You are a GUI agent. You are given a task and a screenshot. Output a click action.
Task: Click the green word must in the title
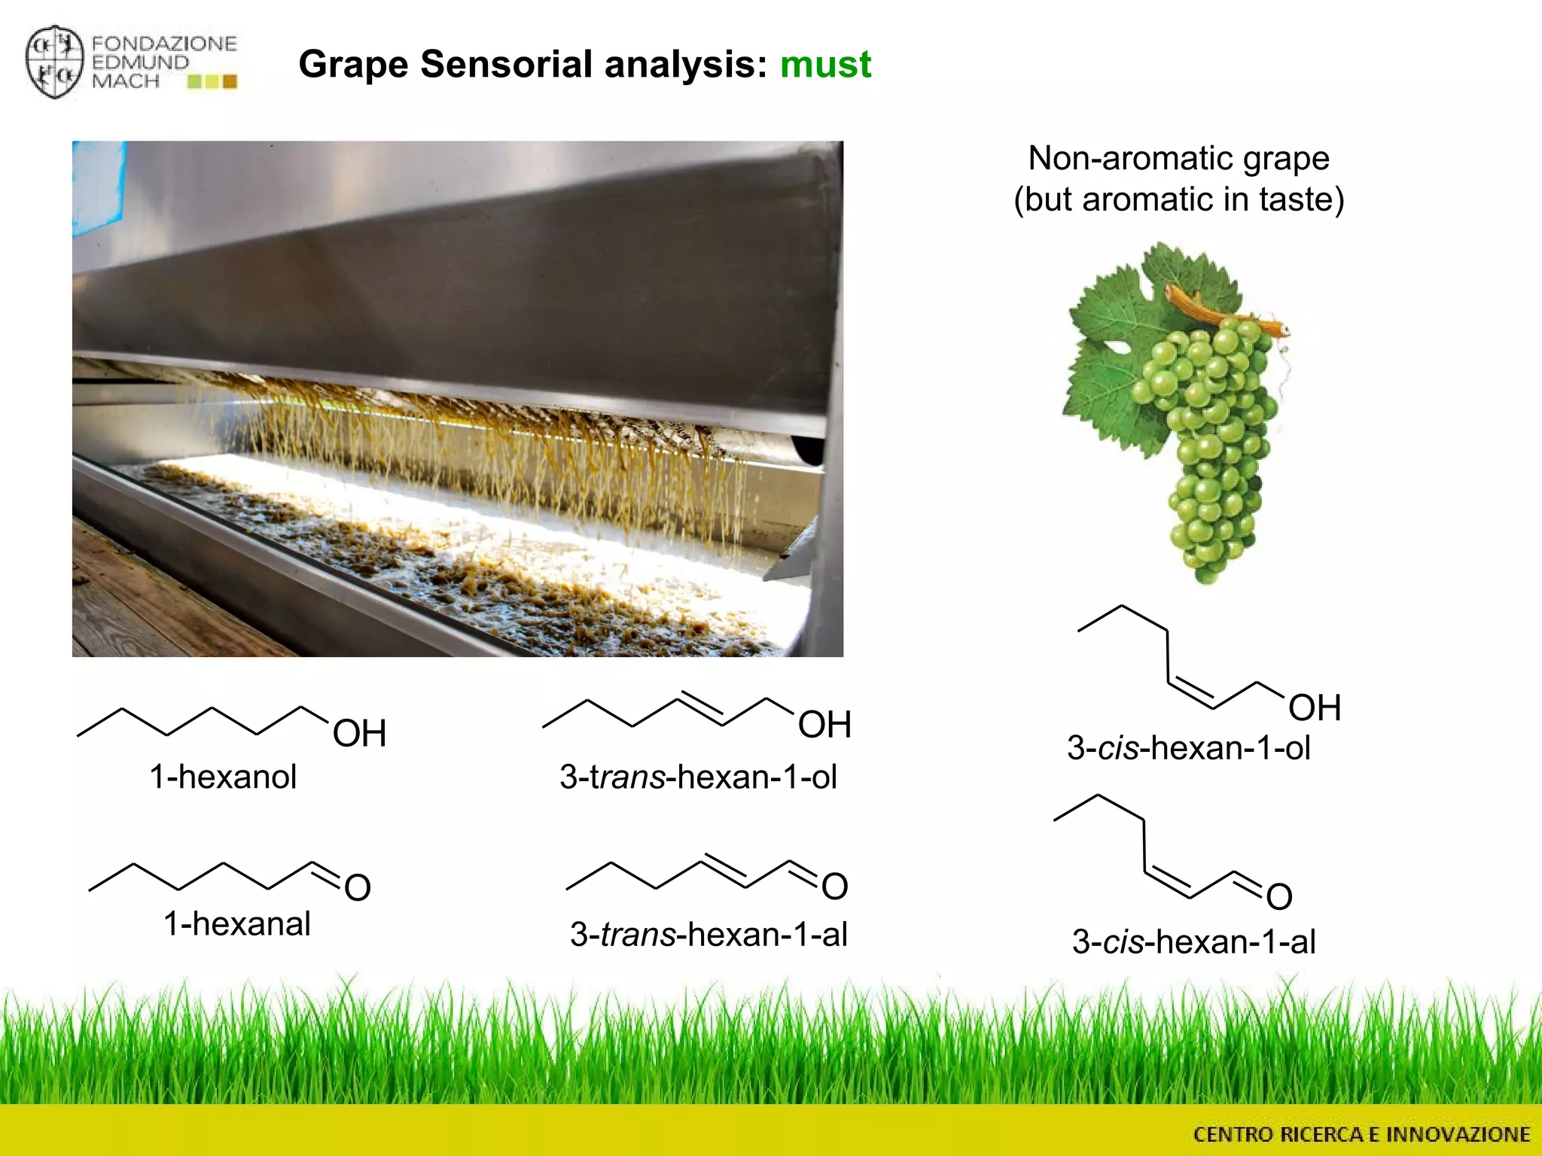click(x=825, y=64)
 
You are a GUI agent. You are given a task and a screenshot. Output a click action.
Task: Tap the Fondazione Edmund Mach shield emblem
click(x=53, y=62)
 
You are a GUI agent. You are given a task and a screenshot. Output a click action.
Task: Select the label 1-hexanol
click(x=223, y=777)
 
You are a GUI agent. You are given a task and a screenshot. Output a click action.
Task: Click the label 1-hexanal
click(x=236, y=923)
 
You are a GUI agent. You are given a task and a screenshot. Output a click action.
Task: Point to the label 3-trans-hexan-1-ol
click(x=698, y=777)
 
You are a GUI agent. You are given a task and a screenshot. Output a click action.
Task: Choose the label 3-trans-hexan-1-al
click(x=709, y=935)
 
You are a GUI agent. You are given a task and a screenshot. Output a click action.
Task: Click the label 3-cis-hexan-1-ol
click(x=1188, y=748)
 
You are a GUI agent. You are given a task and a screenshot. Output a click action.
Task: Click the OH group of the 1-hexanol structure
click(x=359, y=733)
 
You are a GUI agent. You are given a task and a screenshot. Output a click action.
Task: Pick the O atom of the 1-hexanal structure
click(x=358, y=888)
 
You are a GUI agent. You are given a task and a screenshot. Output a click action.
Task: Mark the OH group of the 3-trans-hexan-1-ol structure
click(x=824, y=725)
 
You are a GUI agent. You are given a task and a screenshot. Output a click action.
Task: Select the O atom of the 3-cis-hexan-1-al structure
click(x=1279, y=897)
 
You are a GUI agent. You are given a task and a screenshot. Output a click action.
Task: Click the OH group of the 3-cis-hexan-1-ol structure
click(x=1315, y=708)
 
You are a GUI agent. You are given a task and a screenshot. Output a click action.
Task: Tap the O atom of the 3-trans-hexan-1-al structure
click(x=834, y=887)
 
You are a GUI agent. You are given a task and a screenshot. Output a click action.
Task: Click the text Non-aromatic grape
click(x=1178, y=159)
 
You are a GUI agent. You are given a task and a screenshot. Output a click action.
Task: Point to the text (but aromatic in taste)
click(x=1178, y=200)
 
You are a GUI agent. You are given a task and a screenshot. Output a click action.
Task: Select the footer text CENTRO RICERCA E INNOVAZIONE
click(x=1361, y=1134)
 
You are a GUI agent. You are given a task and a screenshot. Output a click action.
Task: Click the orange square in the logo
click(x=230, y=81)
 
